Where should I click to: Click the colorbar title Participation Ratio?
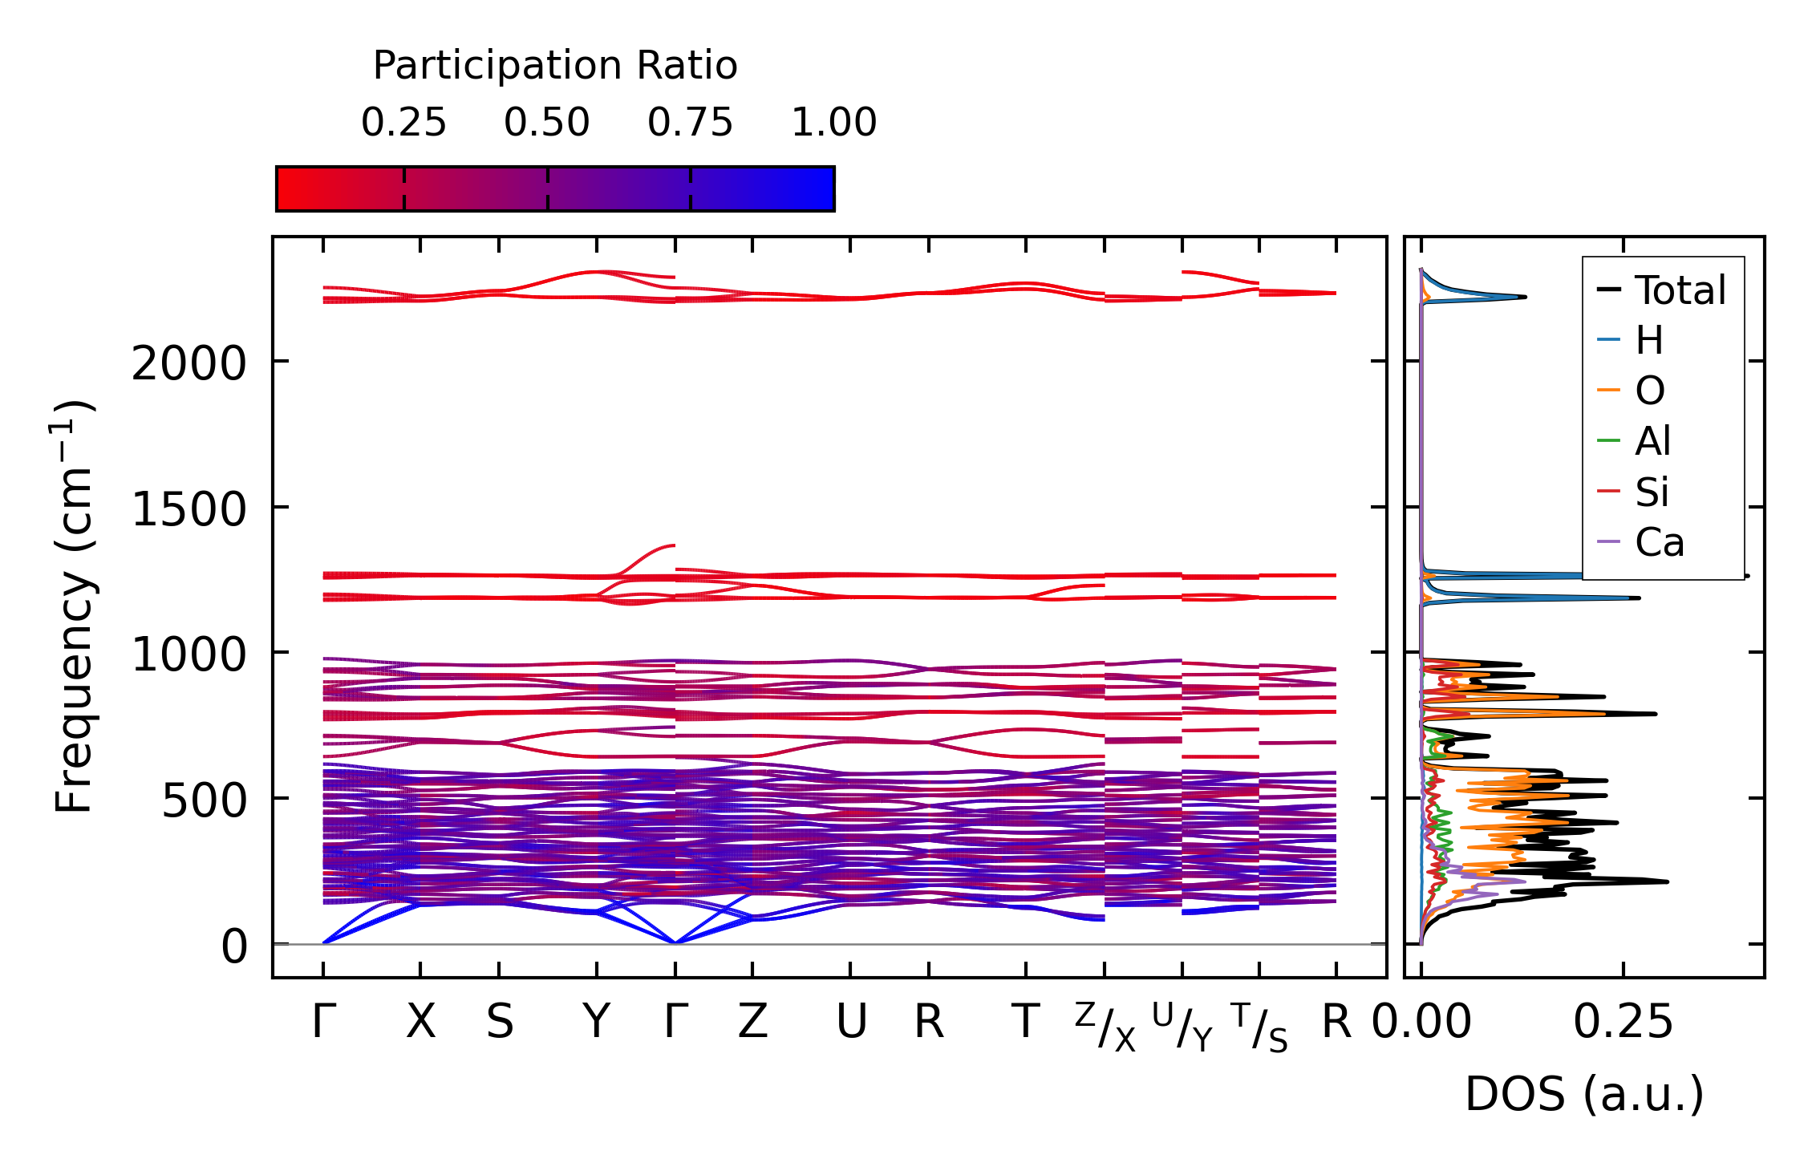point(555,66)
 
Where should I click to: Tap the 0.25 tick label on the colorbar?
point(403,123)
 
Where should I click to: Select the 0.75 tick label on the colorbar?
point(690,123)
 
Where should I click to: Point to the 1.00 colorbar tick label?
point(833,123)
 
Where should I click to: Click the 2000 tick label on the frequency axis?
point(188,364)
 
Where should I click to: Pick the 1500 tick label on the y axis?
point(188,509)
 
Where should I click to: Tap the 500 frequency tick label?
point(204,800)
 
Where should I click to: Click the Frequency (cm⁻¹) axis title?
point(74,606)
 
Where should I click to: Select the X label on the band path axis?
point(420,1022)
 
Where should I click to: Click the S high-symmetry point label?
point(499,1022)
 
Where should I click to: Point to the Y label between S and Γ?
point(596,1022)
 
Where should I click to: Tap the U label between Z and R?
point(850,1022)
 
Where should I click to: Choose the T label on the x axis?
point(1025,1022)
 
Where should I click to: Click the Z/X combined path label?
point(1105,1027)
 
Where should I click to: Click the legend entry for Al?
point(1652,441)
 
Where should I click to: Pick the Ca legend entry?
point(1659,543)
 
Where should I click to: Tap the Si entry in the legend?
point(1652,492)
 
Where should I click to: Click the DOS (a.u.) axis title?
point(1584,1095)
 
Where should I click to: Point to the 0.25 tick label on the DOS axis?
point(1623,1022)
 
